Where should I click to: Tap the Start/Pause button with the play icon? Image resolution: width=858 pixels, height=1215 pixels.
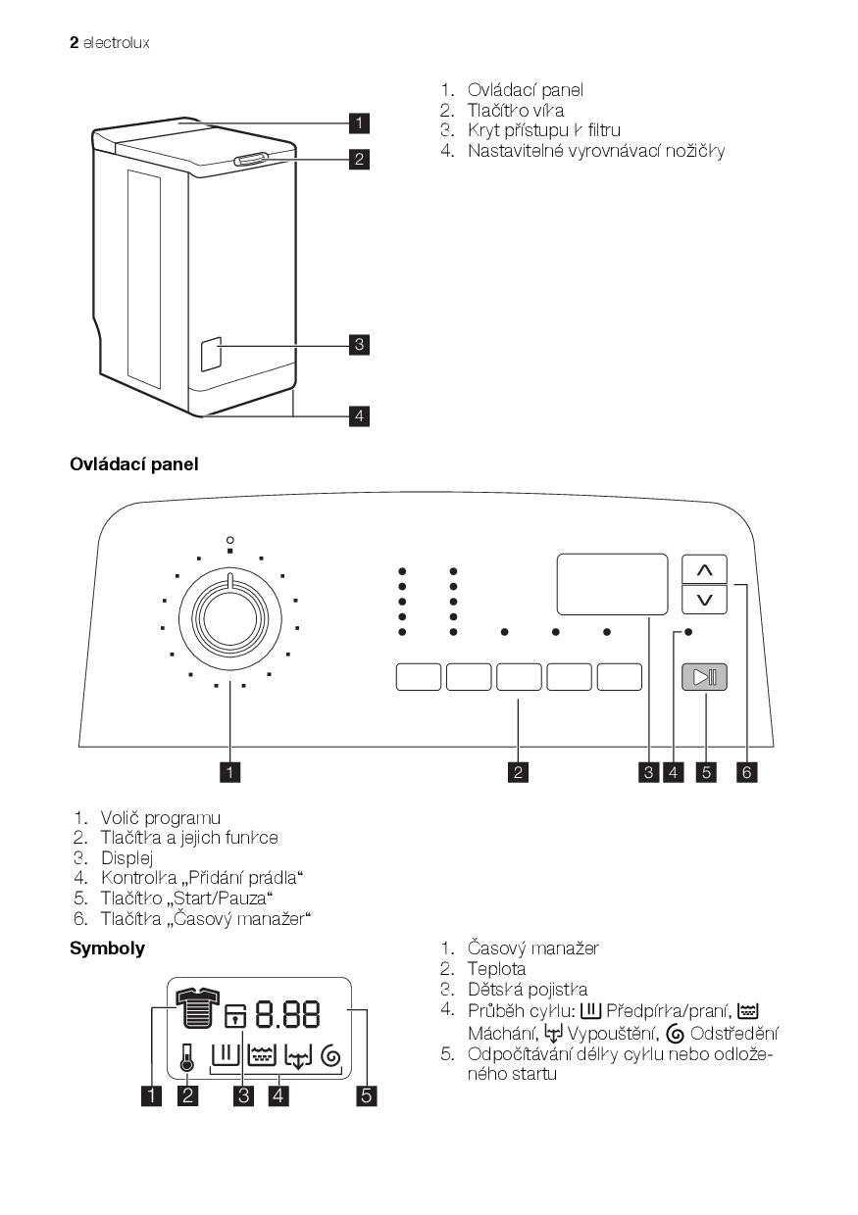click(705, 677)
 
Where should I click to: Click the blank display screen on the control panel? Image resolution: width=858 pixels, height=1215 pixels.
click(612, 584)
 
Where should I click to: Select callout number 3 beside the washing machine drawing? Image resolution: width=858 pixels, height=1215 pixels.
click(360, 344)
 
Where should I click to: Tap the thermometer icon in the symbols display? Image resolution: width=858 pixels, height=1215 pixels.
click(186, 1055)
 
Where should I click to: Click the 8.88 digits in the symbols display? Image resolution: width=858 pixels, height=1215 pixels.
click(288, 1014)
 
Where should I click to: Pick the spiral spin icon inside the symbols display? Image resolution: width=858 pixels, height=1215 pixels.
click(330, 1056)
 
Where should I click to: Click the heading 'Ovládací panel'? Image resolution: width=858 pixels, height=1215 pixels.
click(133, 463)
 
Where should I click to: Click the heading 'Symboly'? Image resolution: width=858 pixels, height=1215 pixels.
click(107, 948)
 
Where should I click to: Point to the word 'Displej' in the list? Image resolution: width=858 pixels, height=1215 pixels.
click(126, 858)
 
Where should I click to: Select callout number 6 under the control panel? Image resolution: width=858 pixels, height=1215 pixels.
click(747, 772)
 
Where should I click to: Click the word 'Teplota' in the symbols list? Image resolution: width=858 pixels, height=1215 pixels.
click(496, 969)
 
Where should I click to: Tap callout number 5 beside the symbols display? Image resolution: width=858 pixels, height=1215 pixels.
click(366, 1095)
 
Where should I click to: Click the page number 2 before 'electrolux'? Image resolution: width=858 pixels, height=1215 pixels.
click(74, 43)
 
